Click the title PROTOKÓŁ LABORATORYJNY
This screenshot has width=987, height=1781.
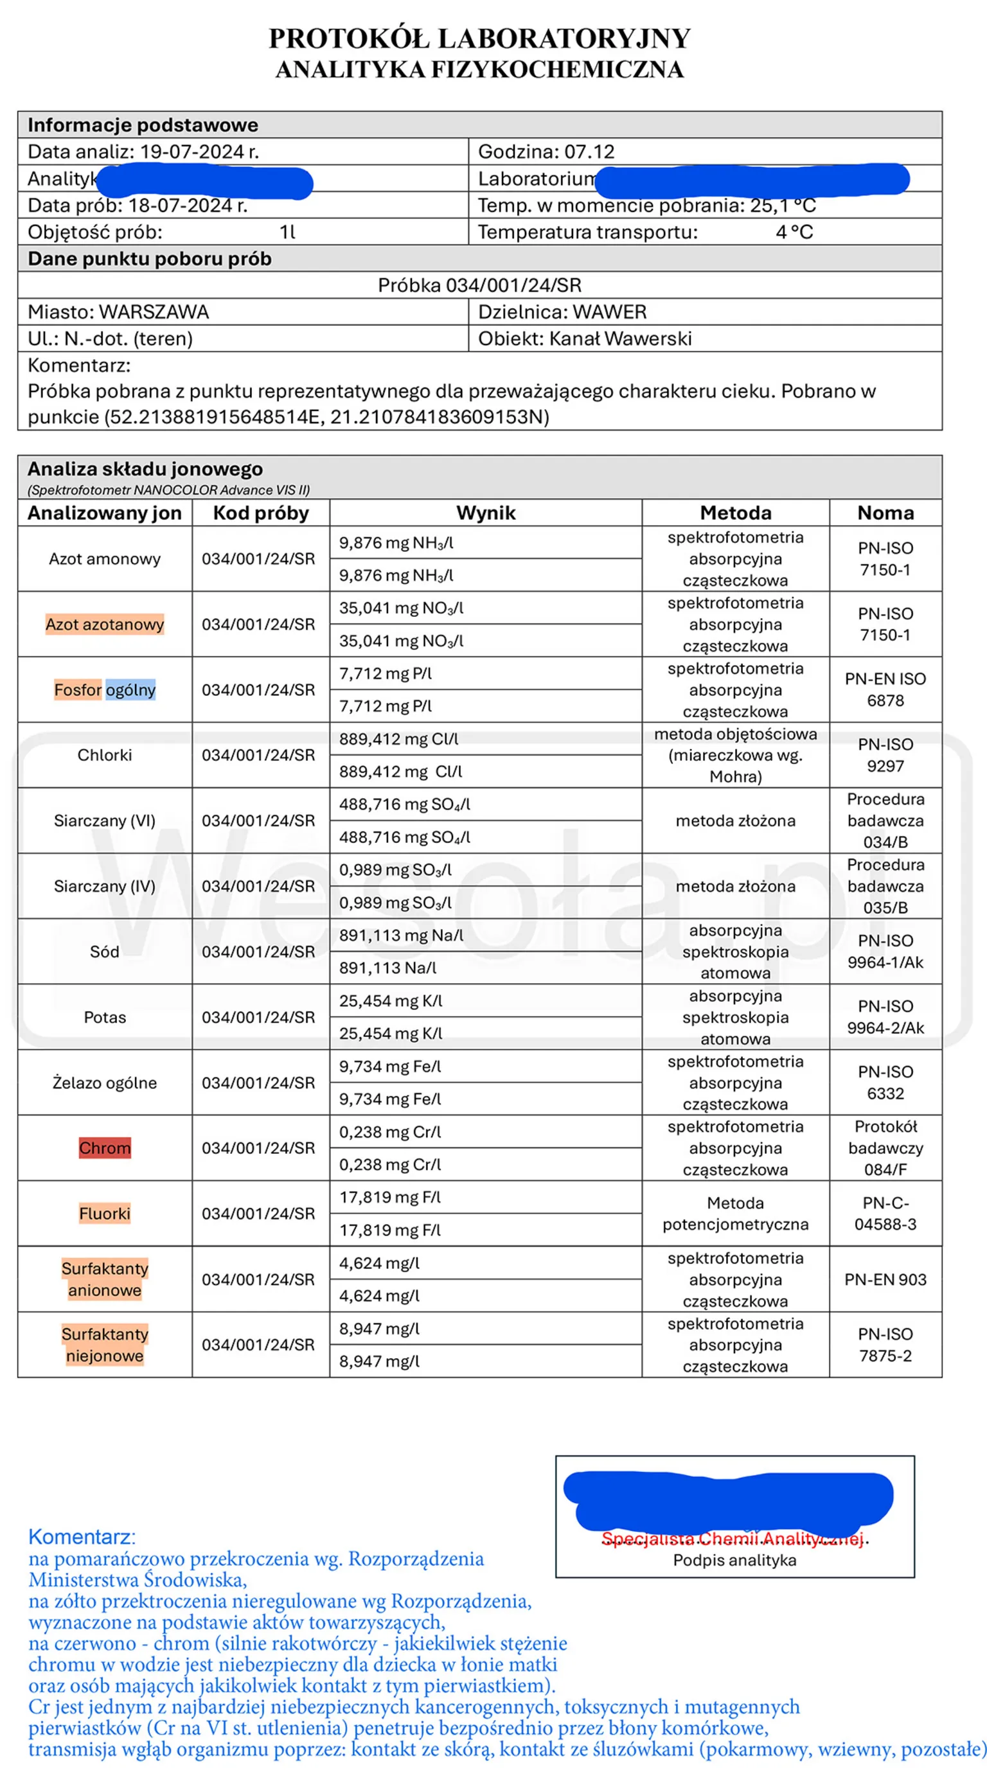(x=479, y=39)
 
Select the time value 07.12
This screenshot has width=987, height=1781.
(x=589, y=152)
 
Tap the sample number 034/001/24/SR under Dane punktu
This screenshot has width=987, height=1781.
(x=513, y=285)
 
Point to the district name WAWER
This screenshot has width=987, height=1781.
(x=609, y=312)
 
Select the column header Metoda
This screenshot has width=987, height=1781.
(x=735, y=513)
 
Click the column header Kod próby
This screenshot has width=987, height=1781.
(x=261, y=513)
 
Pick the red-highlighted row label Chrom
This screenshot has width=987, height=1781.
(x=105, y=1147)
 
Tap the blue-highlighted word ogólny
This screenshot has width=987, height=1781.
(x=130, y=690)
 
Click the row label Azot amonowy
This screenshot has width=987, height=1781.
(x=105, y=558)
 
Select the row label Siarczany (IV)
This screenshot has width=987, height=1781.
(x=105, y=887)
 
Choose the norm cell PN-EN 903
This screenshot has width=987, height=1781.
(x=885, y=1280)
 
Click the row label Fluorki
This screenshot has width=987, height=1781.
(x=105, y=1214)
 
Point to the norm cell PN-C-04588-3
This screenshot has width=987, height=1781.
(x=885, y=1214)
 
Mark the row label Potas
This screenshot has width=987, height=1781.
(x=105, y=1017)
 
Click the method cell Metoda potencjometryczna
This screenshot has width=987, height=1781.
(x=735, y=1214)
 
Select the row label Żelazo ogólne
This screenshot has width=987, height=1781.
(x=105, y=1083)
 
